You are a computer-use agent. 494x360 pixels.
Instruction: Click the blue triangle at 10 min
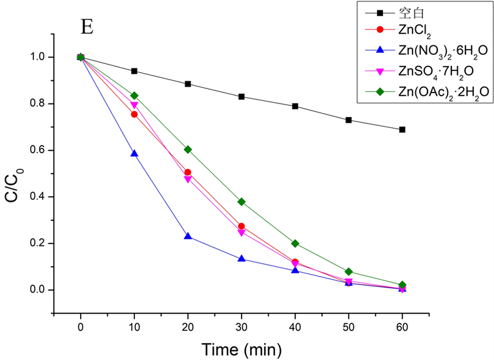tap(134, 154)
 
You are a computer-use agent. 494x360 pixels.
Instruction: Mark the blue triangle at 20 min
tap(188, 237)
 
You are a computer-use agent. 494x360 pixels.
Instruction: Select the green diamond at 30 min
tap(242, 202)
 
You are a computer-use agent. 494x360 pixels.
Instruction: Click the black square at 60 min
tap(402, 129)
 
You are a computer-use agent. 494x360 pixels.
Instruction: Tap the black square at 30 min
tap(242, 96)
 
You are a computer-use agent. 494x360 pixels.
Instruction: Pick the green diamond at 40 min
tap(295, 244)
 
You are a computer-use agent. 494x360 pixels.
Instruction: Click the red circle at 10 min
tap(134, 114)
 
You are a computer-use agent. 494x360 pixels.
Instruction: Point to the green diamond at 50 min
tap(349, 271)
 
